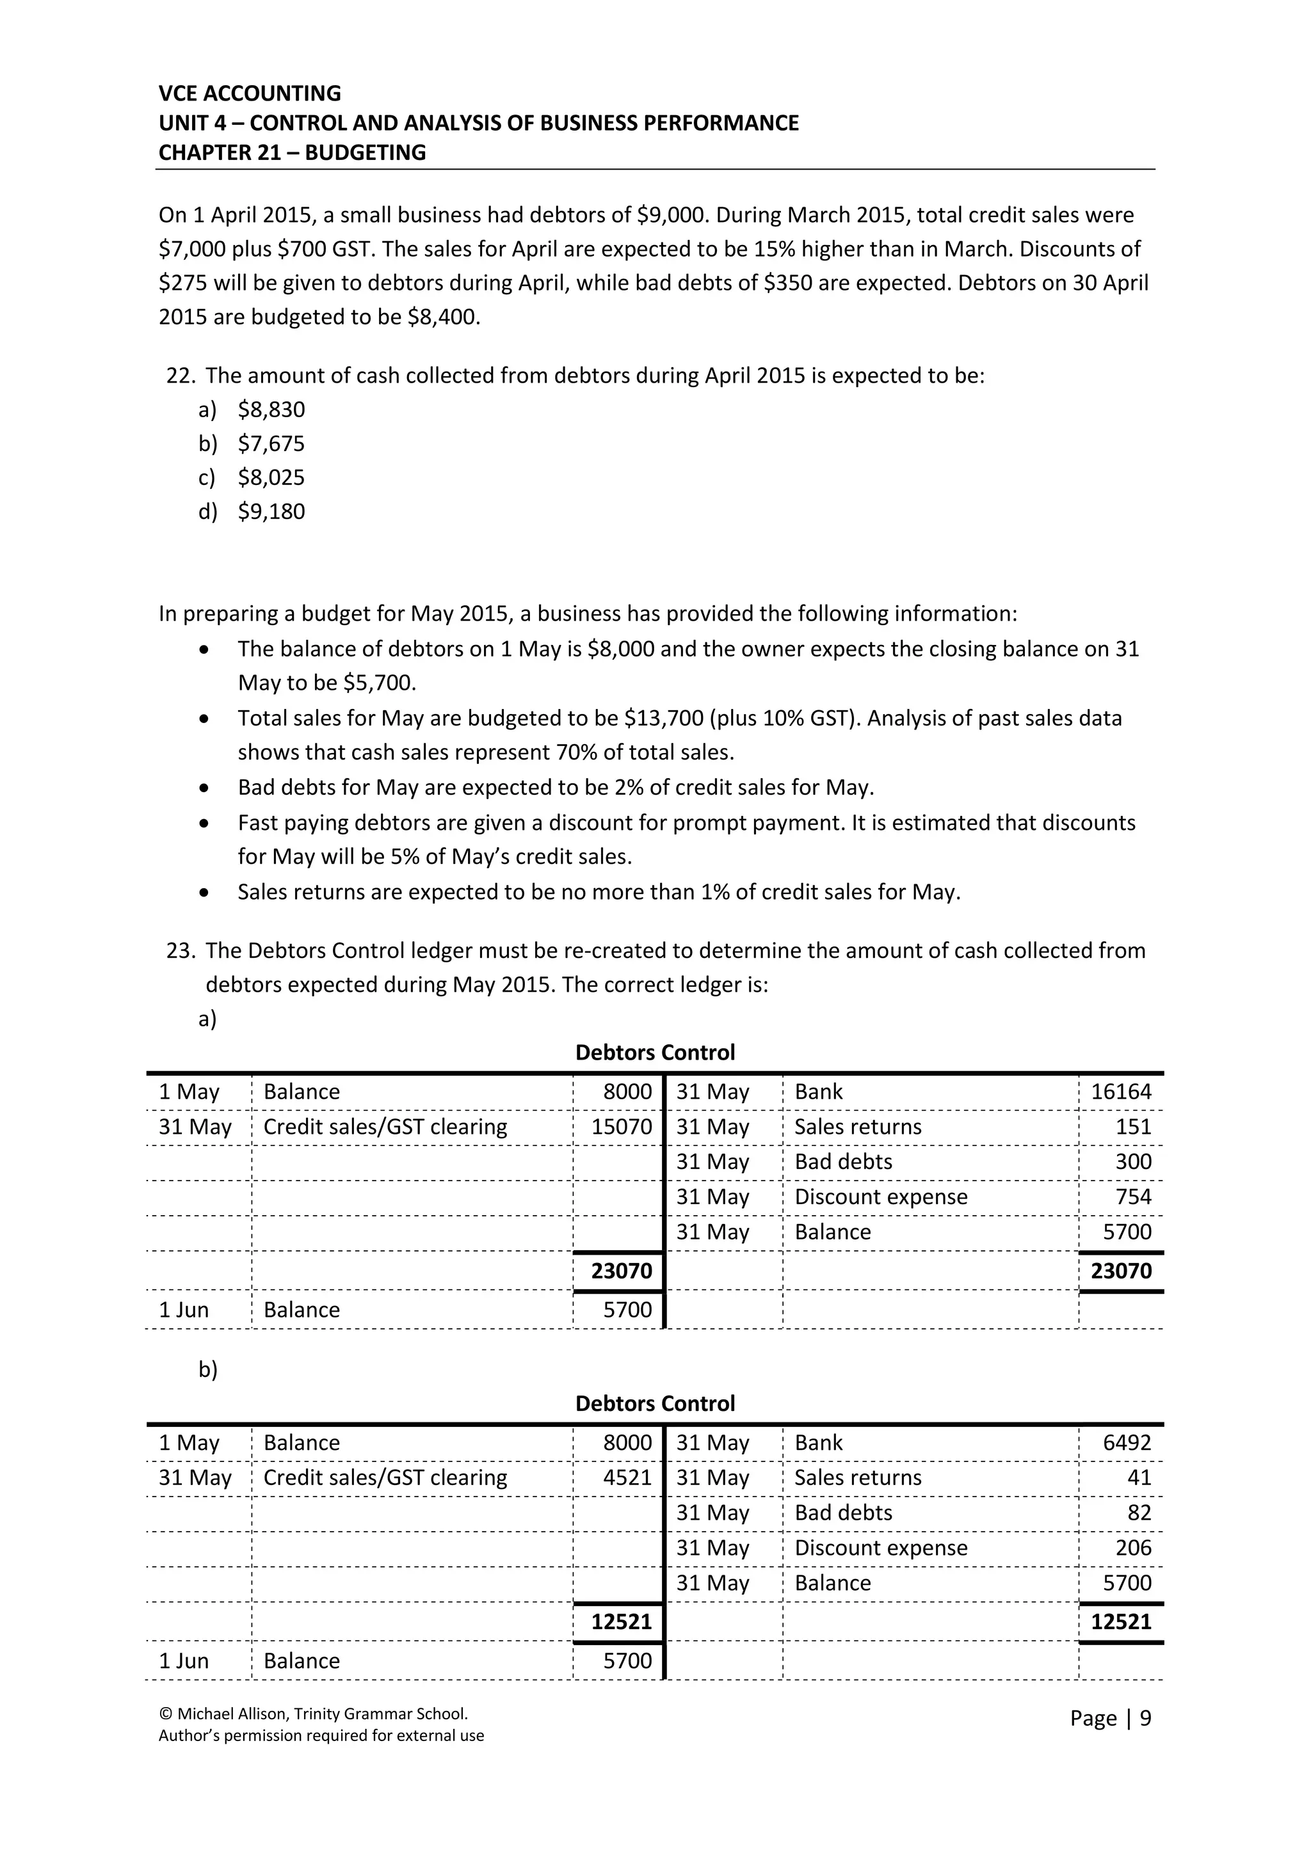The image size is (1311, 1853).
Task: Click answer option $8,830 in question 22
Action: [x=271, y=410]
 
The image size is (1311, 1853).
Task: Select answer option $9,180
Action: [x=271, y=512]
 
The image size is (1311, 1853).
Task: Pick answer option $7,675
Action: [x=271, y=444]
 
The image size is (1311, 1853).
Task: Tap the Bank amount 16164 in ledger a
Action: [x=1120, y=1092]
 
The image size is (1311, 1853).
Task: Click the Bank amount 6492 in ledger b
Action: [x=1127, y=1443]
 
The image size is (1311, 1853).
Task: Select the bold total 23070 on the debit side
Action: [x=621, y=1271]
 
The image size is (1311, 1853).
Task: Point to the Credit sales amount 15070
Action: [x=621, y=1127]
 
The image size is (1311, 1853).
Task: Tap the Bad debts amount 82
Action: [x=1139, y=1513]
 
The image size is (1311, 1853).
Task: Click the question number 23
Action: [x=180, y=951]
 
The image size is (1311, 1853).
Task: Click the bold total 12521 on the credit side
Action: [x=1120, y=1622]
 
